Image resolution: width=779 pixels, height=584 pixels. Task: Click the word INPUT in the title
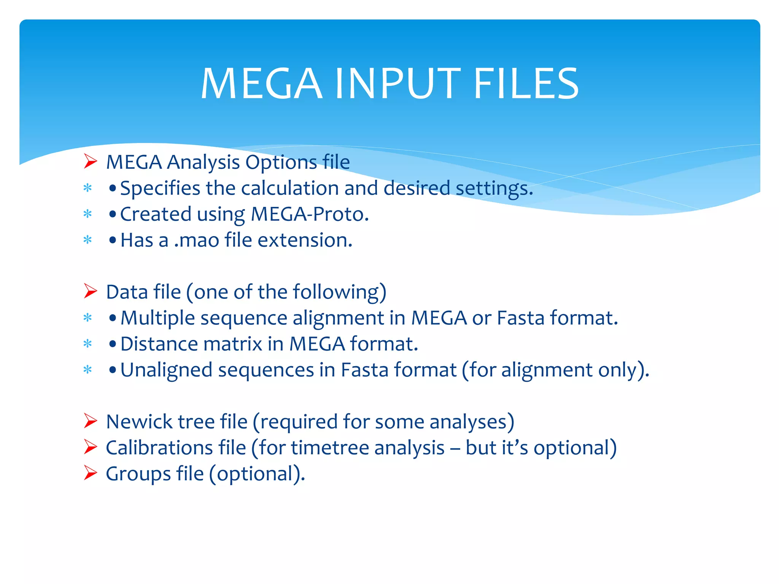(397, 84)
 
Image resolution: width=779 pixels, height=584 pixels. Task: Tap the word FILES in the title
(526, 84)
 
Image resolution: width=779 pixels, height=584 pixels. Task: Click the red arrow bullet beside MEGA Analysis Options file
(91, 162)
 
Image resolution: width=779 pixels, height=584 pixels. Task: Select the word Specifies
(160, 189)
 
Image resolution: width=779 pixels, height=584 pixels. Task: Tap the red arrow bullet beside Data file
(91, 291)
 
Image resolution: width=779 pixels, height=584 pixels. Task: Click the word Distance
(159, 344)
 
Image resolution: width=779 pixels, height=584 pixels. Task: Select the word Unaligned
(166, 370)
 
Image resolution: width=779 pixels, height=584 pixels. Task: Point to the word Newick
(139, 422)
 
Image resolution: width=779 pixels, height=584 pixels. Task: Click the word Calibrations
(159, 448)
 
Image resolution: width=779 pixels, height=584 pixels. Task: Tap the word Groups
(138, 474)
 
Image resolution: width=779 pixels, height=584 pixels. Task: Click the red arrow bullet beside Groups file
(91, 473)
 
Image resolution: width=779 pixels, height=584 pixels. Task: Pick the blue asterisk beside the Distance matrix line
(88, 344)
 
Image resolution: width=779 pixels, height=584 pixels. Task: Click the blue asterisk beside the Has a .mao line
(88, 240)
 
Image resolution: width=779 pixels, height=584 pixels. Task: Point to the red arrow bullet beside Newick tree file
(91, 421)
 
